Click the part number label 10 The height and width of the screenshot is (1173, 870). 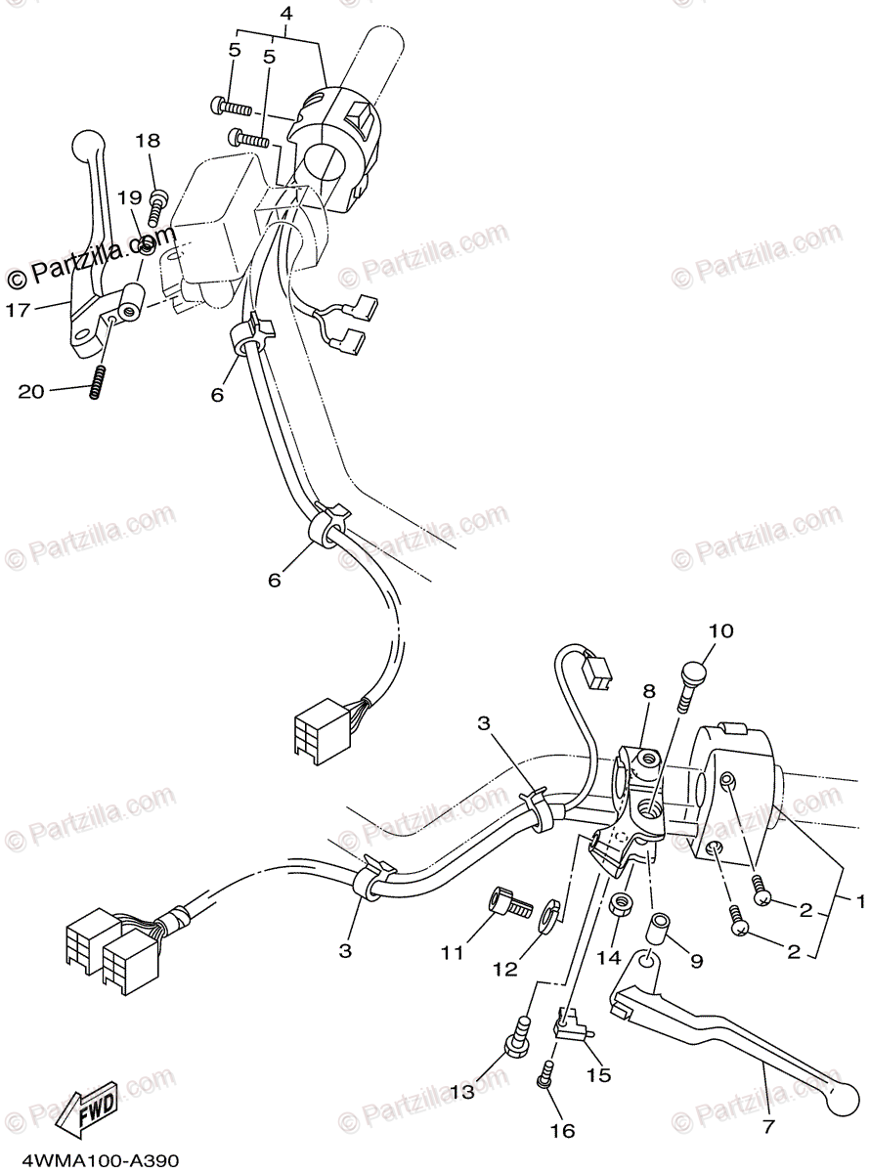(720, 631)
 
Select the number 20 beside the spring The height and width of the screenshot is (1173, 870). (31, 391)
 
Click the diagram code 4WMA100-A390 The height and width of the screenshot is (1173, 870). (89, 1160)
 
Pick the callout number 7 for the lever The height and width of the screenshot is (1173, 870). (768, 1127)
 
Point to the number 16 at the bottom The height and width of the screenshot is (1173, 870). (561, 1131)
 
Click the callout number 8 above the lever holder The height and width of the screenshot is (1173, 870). (647, 691)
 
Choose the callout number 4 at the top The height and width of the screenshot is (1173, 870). (285, 14)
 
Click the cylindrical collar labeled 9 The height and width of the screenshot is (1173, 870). (660, 922)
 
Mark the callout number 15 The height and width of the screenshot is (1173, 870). (598, 1074)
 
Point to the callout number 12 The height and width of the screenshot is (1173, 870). (504, 970)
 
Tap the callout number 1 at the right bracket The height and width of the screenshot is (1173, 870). (860, 899)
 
